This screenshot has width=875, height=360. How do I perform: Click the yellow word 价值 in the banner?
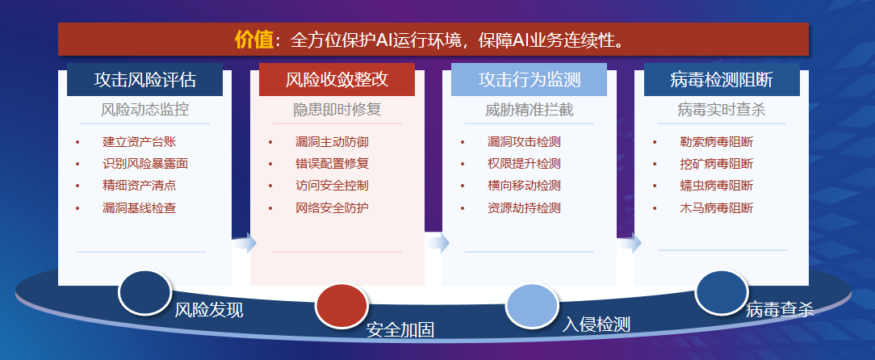254,40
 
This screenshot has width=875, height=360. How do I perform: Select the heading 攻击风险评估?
145,80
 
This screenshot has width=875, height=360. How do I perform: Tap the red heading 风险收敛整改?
337,80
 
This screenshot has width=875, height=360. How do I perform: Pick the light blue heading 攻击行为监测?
529,80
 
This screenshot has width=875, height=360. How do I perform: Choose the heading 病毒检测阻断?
722,80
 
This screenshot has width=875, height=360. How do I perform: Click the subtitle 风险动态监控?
145,110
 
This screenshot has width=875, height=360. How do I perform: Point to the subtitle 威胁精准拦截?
529,110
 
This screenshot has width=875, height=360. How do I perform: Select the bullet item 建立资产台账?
140,142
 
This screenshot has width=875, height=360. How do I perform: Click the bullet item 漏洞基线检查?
140,208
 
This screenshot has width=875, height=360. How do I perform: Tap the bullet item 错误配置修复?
332,164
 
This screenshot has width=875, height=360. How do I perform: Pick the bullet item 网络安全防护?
332,208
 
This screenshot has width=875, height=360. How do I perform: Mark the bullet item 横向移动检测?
524,186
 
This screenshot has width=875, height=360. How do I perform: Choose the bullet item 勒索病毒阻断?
717,142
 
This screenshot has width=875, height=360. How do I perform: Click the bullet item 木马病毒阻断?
717,208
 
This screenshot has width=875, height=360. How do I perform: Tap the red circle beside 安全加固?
341,306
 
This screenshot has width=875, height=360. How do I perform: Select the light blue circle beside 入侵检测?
532,306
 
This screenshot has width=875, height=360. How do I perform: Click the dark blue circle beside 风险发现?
144,292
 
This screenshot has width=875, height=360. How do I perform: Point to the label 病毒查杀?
780,309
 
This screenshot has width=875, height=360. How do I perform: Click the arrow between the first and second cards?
244,243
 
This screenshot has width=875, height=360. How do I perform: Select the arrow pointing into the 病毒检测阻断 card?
629,243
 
